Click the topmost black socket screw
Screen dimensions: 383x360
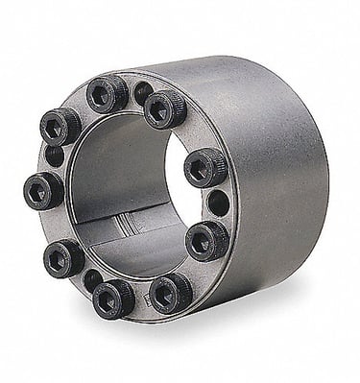108,93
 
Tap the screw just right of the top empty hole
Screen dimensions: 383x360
165,109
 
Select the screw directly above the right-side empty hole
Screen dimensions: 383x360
204,168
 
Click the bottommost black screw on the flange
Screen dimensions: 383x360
113,298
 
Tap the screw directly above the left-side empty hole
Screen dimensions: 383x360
60,125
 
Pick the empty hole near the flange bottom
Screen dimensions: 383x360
92,280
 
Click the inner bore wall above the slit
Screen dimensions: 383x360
115,192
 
